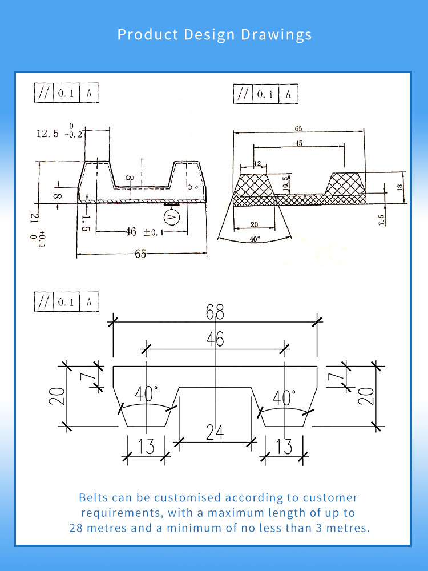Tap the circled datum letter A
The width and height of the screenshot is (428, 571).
point(171,217)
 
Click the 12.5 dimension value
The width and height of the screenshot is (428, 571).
point(48,134)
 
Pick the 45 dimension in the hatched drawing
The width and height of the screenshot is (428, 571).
point(298,144)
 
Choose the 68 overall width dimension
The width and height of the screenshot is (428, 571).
point(215,312)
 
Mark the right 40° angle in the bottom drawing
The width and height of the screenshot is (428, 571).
point(284,397)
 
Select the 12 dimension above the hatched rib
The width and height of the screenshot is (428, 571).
point(257,164)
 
